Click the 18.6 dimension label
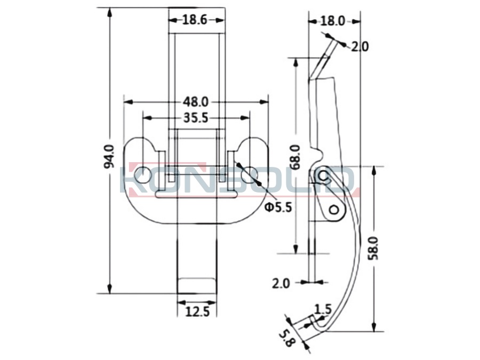click(195, 20)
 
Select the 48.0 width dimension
click(196, 102)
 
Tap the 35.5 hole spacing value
click(196, 118)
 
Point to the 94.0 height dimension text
click(109, 157)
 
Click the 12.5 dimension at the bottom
click(197, 312)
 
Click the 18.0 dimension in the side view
click(333, 21)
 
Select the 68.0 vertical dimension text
click(295, 157)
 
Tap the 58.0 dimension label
click(373, 248)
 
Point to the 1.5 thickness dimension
click(323, 309)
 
